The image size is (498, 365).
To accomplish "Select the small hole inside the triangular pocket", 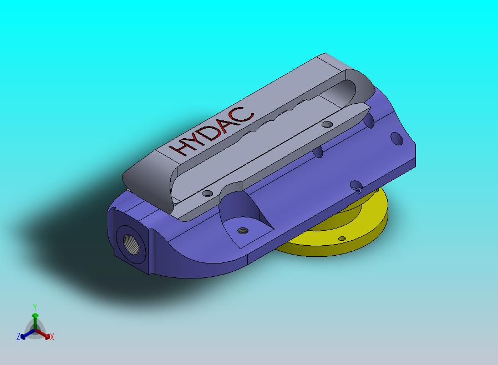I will pyautogui.click(x=241, y=230).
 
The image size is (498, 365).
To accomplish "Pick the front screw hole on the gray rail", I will pyautogui.click(x=207, y=194).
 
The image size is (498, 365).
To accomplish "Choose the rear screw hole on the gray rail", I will pyautogui.click(x=327, y=124).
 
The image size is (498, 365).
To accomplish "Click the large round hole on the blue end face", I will pyautogui.click(x=397, y=138).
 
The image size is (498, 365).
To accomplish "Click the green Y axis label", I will pyautogui.click(x=35, y=307).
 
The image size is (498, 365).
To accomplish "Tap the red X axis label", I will pyautogui.click(x=52, y=337).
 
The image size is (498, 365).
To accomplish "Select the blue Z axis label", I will pyautogui.click(x=18, y=336).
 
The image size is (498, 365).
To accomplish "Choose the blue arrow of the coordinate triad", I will pyautogui.click(x=25, y=334).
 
